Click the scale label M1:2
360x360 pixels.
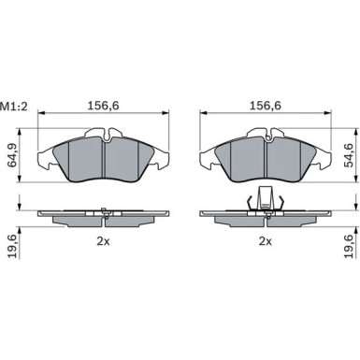[14, 107]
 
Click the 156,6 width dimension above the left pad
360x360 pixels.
[103, 106]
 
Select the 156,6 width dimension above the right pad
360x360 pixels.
[266, 106]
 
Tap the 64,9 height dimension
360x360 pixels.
[13, 155]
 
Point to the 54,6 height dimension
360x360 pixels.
[349, 155]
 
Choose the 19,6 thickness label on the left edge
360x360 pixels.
[13, 246]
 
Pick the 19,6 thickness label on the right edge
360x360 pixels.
[349, 246]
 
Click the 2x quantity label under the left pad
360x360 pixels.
[103, 241]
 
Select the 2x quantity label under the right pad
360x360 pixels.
[266, 241]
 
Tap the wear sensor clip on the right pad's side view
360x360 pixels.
[266, 199]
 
